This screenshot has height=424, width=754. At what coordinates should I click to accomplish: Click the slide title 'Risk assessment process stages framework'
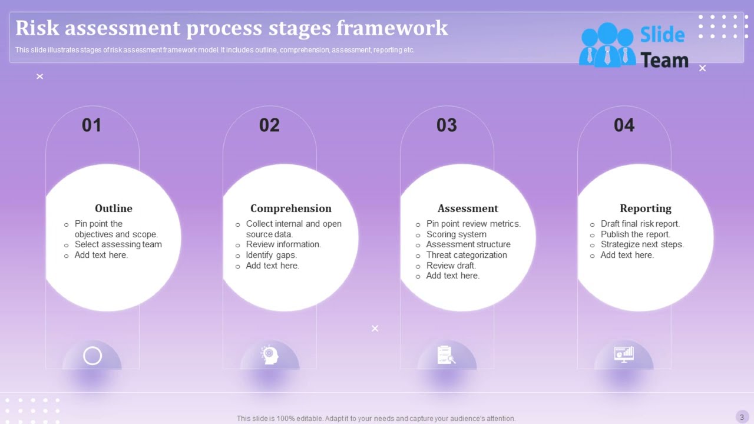[232, 28]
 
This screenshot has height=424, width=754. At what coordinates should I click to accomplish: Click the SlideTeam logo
[634, 46]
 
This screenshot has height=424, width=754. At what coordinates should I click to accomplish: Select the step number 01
[92, 125]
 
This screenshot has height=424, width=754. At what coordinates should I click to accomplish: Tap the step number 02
[269, 125]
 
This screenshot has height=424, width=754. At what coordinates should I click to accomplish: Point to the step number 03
[447, 125]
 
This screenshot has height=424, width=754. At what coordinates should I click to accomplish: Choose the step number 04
[624, 125]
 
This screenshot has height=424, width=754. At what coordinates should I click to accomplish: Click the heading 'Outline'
[114, 208]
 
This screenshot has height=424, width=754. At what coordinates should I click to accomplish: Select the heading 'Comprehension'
[291, 208]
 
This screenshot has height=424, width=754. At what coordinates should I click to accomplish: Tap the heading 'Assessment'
[468, 208]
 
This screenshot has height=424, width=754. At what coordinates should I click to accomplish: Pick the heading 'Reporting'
[645, 208]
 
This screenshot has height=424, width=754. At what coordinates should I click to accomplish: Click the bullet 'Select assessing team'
[118, 244]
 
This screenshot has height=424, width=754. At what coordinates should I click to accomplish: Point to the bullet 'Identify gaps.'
[271, 255]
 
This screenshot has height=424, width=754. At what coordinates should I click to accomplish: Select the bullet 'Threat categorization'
[467, 255]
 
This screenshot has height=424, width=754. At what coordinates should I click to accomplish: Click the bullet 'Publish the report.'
[635, 234]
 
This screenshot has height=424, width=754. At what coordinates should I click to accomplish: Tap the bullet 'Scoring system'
[456, 234]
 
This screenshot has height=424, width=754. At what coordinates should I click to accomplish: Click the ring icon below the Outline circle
[92, 356]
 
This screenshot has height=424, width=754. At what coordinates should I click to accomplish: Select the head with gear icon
[270, 355]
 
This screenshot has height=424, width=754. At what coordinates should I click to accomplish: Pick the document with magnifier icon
[447, 355]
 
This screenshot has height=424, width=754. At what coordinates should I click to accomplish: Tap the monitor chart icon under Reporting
[624, 354]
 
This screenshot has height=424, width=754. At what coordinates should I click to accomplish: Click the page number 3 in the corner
[742, 417]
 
